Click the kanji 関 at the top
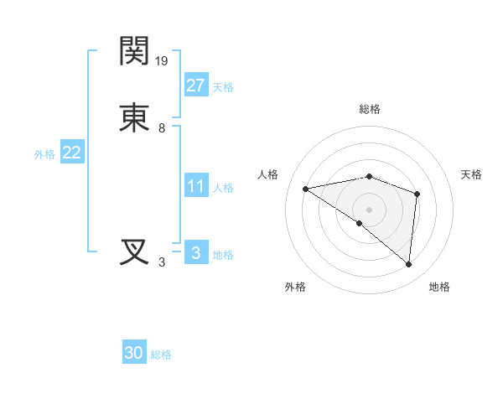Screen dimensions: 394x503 pos(135,51)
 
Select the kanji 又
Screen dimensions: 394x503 pos(135,252)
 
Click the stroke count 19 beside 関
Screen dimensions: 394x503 pos(163,60)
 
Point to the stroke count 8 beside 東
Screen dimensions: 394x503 pos(162,128)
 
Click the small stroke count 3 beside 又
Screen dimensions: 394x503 pos(162,262)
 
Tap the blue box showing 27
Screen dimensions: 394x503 pos(195,85)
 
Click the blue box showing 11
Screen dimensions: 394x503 pos(195,186)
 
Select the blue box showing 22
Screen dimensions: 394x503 pos(71,153)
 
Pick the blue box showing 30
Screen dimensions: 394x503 pos(134,353)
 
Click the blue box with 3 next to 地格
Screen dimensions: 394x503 pos(195,253)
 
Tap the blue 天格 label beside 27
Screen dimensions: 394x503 pos(223,87)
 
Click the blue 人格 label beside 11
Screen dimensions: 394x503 pos(223,188)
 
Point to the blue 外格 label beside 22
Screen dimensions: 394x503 pos(44,155)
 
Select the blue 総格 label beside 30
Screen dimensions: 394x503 pos(161,355)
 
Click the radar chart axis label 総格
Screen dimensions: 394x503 pos(370,109)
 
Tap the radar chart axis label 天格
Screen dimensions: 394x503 pos(471,174)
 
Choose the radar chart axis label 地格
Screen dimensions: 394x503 pos(439,287)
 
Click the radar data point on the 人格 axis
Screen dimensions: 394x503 pos(305,189)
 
